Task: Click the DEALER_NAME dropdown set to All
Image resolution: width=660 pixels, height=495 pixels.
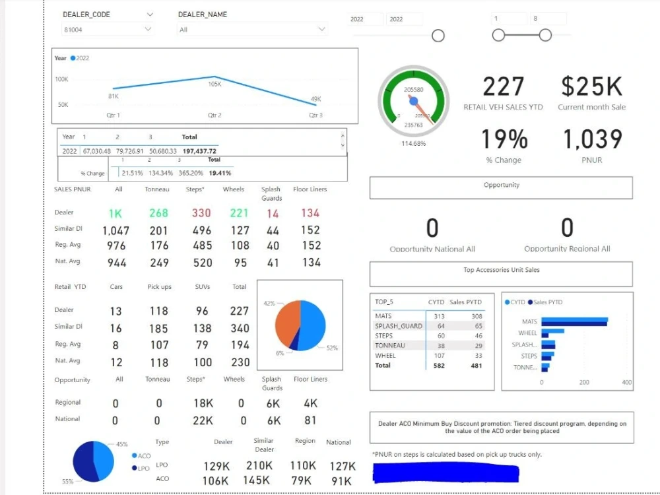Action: (x=252, y=29)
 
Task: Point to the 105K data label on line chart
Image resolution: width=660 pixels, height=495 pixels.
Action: (x=214, y=84)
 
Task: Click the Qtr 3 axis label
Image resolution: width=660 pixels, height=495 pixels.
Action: (x=315, y=115)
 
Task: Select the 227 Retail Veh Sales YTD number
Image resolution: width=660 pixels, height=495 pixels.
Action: (x=503, y=87)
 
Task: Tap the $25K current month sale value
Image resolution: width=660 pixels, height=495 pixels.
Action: (x=591, y=87)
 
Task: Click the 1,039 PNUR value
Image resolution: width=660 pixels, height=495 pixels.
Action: (x=592, y=139)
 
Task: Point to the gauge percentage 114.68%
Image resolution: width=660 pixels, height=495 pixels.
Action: (x=414, y=143)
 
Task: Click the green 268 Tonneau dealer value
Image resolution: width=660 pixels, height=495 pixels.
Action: (x=158, y=213)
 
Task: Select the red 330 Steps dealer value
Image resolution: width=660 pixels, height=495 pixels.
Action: (x=201, y=213)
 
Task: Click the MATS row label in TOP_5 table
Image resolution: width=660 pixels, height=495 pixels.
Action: (x=383, y=316)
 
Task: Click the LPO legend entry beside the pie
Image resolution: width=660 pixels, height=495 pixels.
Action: (x=143, y=468)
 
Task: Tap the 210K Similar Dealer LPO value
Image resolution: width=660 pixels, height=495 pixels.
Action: (x=259, y=466)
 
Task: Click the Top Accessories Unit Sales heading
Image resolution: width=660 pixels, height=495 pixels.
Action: (x=501, y=270)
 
